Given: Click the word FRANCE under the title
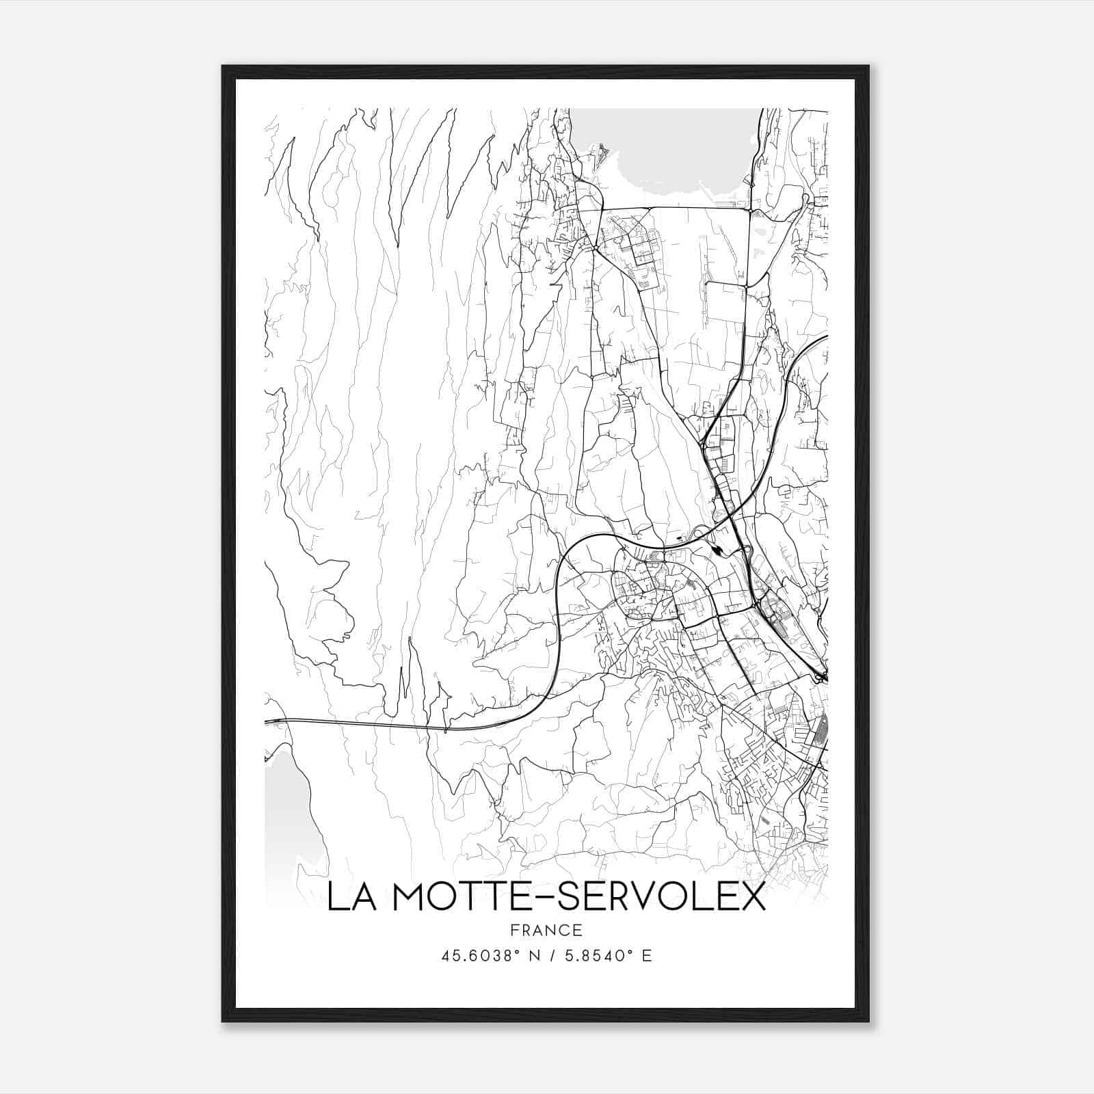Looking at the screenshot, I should [546, 930].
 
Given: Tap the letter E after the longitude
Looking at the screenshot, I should [647, 955].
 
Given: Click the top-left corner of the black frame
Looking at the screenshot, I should [224, 67].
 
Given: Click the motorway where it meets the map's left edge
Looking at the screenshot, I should [266, 721].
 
